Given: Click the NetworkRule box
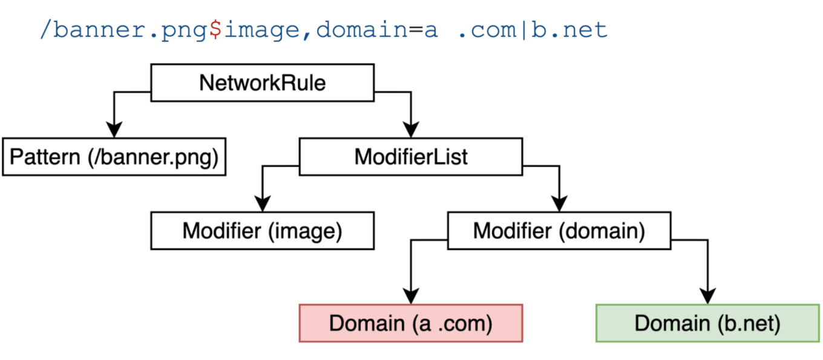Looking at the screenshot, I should point(262,83).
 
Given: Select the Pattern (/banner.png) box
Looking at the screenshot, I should point(114,157).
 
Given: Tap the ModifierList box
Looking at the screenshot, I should point(411,157).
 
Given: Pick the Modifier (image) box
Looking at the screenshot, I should point(262,231).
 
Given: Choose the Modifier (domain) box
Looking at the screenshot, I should point(559,231).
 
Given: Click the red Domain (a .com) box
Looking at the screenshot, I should point(410,324).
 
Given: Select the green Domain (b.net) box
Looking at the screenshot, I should point(707,324).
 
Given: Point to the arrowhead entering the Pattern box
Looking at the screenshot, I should point(114,130).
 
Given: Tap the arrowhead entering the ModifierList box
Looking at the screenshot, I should point(411,130).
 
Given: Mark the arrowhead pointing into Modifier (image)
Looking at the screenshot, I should point(262,204).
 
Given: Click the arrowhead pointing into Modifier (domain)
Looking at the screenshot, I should point(559,204).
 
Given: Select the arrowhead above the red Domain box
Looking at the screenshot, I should point(411,296).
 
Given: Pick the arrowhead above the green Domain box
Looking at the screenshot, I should point(707,296).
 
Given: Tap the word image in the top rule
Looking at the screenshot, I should point(261,29).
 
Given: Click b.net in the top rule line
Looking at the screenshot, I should point(569,29).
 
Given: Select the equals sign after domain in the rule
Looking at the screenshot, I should point(415,29).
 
